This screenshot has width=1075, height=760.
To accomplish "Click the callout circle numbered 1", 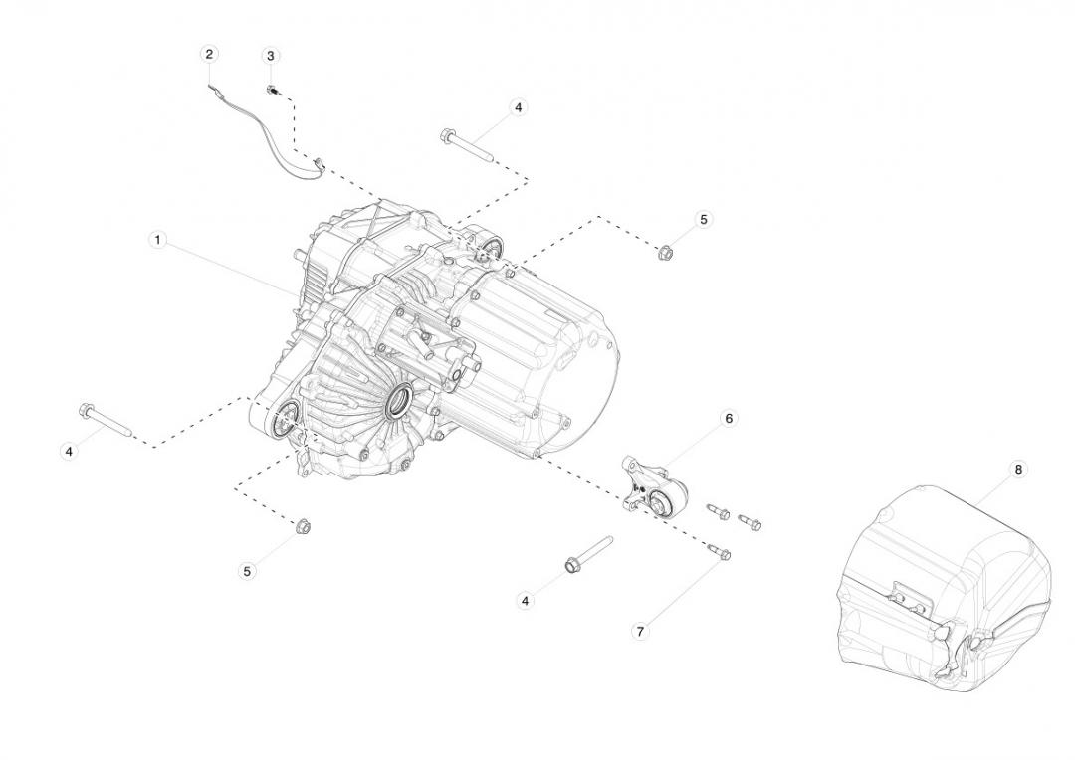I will click(x=157, y=240).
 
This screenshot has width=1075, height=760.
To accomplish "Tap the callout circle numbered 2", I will click(x=209, y=54).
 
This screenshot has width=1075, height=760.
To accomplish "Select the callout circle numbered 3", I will click(x=270, y=55).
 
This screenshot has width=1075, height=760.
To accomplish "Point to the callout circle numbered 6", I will click(x=728, y=419).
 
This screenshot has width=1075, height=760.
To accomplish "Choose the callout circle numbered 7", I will click(x=640, y=631).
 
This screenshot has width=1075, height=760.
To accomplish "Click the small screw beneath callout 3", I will click(x=271, y=91).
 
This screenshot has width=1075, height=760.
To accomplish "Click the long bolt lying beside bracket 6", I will click(x=587, y=554).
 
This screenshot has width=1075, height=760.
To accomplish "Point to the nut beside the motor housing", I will click(x=666, y=253).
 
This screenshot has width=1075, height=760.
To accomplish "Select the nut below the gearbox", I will click(x=303, y=525).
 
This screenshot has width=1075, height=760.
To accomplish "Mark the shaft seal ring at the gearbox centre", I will click(x=400, y=404).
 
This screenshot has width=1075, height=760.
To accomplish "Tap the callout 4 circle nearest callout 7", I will click(x=525, y=601).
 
